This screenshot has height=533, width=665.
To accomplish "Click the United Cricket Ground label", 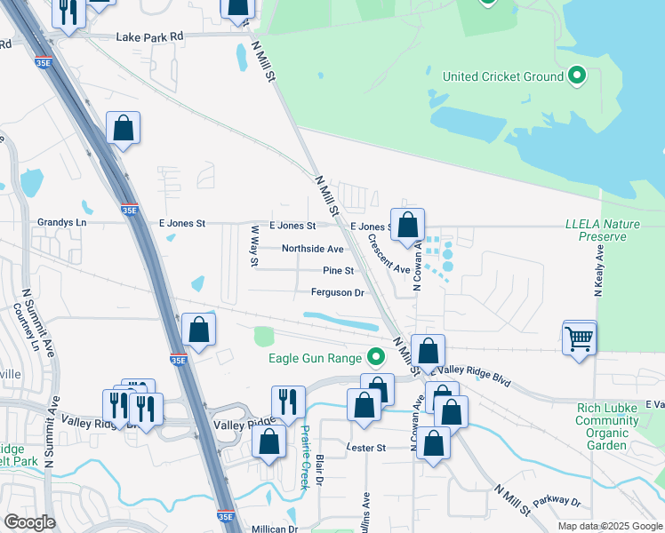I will tap(503, 76).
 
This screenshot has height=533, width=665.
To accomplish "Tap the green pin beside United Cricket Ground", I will tap(577, 76).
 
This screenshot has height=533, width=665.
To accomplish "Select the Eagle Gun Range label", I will tap(316, 358).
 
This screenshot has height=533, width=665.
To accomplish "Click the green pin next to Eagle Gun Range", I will tap(376, 358).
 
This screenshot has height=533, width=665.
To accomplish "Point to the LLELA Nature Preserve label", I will tap(603, 230).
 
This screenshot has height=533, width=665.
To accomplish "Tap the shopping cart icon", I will tap(579, 338).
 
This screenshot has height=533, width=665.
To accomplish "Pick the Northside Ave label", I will tap(312, 249).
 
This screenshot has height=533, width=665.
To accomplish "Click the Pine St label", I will tap(338, 270).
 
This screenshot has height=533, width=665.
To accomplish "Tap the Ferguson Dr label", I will tap(338, 292).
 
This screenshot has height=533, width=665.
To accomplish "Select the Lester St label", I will tap(366, 448).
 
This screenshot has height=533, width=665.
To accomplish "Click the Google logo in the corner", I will tap(29, 521).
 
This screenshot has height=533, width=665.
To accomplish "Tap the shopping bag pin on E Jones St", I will tap(407, 226).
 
